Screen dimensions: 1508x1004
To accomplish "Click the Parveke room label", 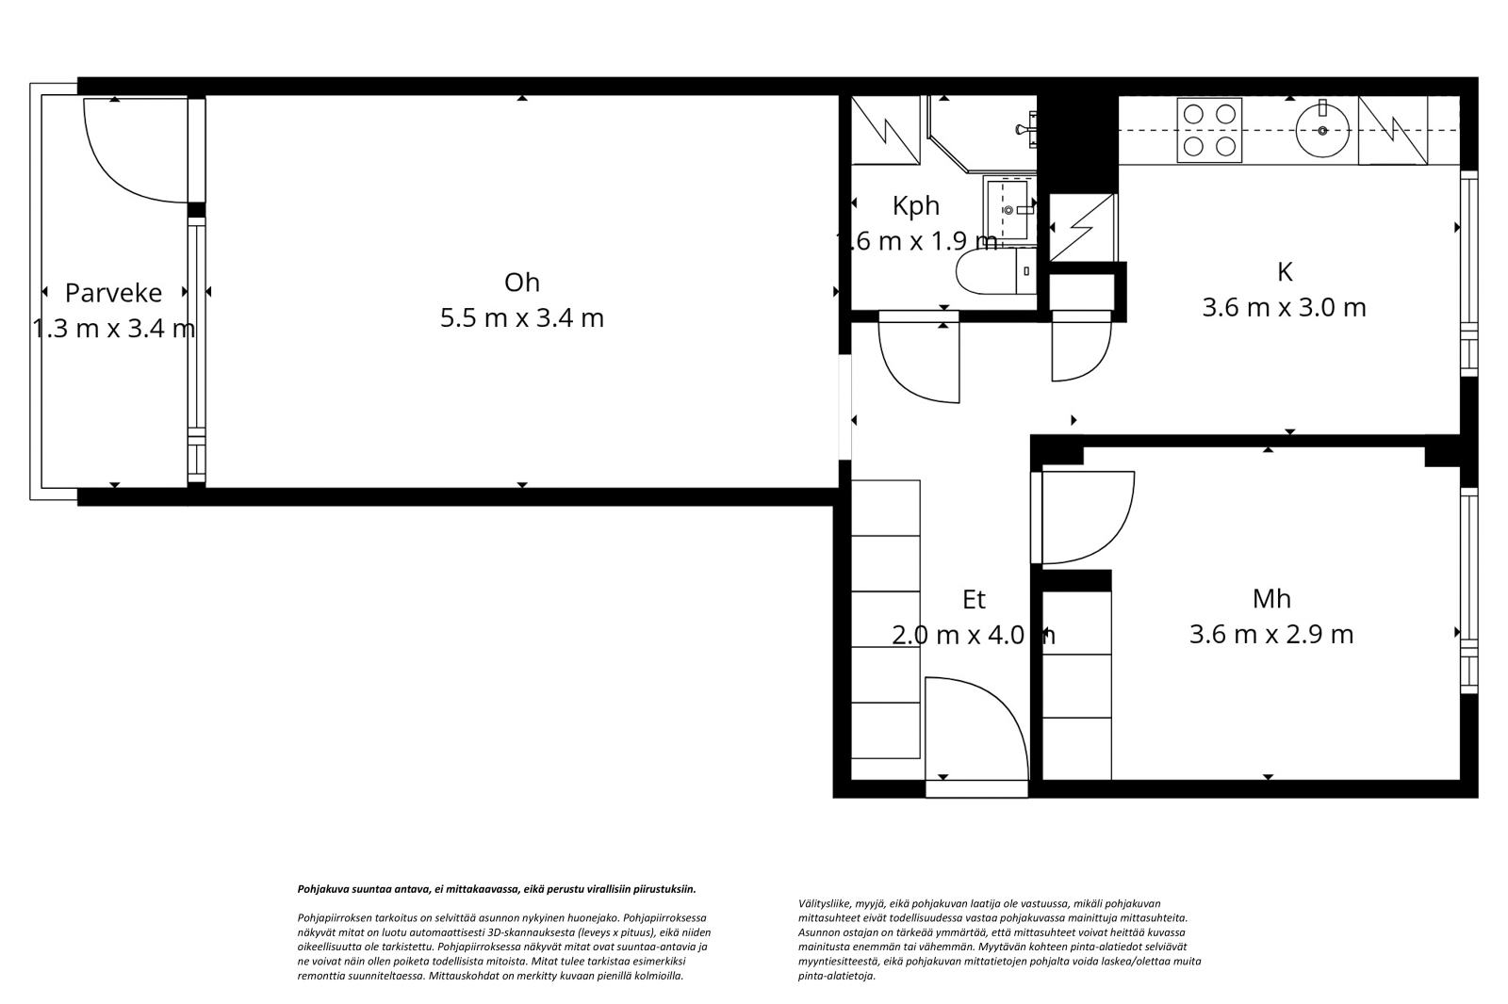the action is pos(113,293).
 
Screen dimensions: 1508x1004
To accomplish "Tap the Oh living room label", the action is pos(522,282).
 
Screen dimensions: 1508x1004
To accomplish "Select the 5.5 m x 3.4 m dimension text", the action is pos(522,317).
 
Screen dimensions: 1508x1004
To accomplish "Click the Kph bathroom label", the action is pos(915,206).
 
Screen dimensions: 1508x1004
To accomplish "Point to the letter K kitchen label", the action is pos(1285,272).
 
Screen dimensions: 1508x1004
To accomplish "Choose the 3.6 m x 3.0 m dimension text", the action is pos(1284,308).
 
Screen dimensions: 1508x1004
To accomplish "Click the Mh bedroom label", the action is pos(1271,598).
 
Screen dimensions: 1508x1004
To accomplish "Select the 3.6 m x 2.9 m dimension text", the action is pos(1271,634).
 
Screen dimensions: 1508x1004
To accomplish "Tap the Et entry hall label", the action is pos(975,599).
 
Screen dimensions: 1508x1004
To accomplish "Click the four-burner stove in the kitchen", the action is pos(1209,130).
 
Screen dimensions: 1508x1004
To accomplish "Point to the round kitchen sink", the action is pos(1322,130).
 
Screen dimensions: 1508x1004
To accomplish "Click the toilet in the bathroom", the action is pos(996,271).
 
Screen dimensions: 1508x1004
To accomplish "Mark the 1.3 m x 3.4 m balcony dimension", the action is pos(113,329).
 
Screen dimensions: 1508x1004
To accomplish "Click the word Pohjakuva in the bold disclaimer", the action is pos(320,890).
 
